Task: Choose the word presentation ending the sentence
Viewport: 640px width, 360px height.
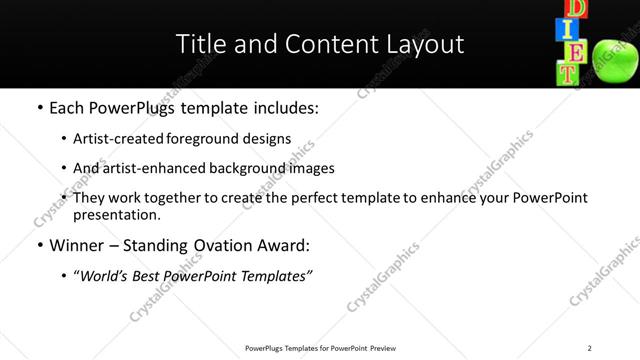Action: [x=116, y=215]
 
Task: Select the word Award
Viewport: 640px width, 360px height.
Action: [x=291, y=245]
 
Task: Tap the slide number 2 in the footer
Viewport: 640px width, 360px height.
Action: [x=589, y=348]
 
